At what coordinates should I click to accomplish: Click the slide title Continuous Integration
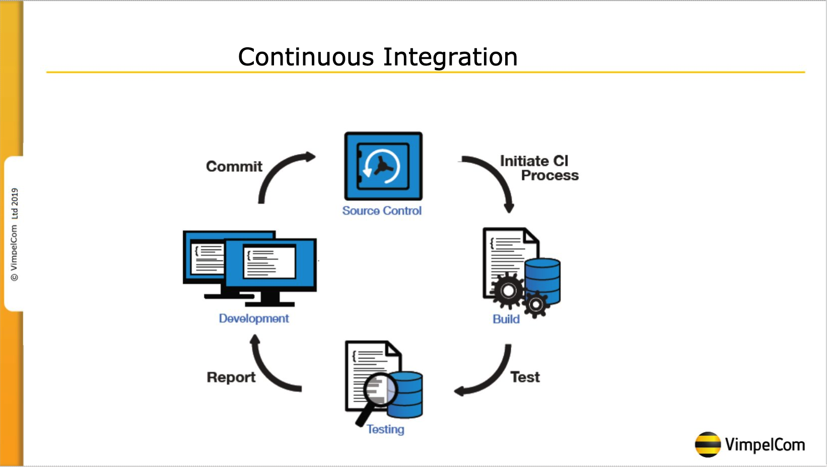(x=378, y=56)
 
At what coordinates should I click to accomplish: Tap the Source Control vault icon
(x=383, y=166)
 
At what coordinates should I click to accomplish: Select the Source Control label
(x=382, y=211)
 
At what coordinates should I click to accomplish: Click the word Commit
(x=234, y=167)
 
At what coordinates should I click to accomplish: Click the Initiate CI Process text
(x=539, y=168)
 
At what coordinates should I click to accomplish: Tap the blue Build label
(x=506, y=319)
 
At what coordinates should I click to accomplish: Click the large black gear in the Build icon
(x=508, y=290)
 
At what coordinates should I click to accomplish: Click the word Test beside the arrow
(x=525, y=377)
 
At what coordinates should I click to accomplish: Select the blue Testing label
(x=385, y=429)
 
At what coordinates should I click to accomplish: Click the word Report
(x=231, y=377)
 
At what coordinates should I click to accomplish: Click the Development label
(x=254, y=319)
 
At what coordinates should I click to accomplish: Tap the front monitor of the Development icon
(x=270, y=264)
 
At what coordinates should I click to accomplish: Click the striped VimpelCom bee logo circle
(x=708, y=444)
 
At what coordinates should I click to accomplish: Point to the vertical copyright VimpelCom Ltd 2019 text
(x=15, y=235)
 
